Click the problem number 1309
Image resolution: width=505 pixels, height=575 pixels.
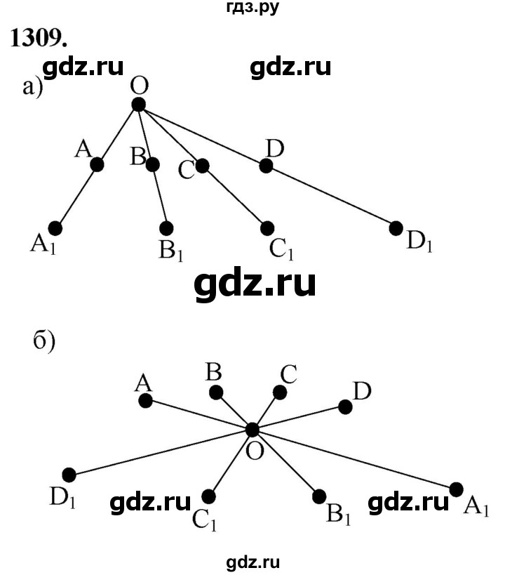click(39, 38)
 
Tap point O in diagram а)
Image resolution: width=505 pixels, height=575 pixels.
click(139, 105)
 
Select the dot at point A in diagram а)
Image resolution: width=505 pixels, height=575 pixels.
click(97, 165)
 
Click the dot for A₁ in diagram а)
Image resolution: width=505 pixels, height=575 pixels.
click(55, 228)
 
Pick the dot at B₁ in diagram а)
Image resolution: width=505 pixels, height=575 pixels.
click(166, 228)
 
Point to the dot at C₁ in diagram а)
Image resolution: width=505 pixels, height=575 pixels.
click(267, 228)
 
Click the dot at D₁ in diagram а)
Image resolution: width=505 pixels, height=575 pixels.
click(396, 228)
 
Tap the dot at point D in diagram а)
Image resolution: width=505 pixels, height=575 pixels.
click(266, 166)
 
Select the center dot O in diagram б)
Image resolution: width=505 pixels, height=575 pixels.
click(252, 430)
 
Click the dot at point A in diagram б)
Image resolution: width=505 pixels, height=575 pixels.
click(145, 401)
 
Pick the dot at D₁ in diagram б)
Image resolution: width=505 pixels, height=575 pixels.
click(69, 475)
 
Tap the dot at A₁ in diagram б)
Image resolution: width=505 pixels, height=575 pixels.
click(457, 489)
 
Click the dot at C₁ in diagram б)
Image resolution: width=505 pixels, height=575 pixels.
click(208, 496)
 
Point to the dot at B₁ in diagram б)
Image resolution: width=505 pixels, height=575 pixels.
click(319, 496)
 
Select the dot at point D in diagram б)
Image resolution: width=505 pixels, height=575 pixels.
click(345, 407)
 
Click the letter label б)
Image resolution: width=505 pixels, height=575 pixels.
click(44, 341)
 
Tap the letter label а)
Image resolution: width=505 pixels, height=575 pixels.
click(33, 88)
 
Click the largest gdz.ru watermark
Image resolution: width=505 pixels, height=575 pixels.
click(255, 284)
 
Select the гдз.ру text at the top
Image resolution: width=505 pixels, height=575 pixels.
click(252, 7)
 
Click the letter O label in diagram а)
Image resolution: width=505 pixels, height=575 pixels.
click(140, 86)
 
